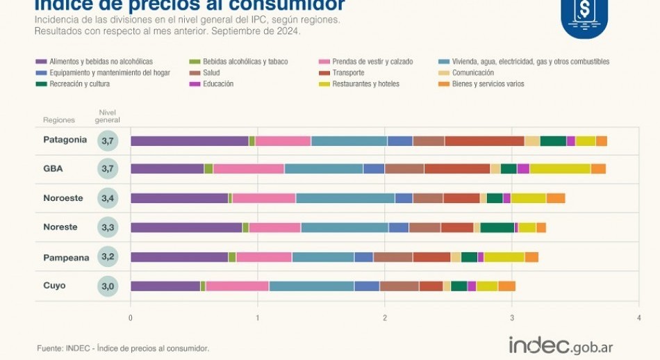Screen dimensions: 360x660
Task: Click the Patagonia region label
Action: pos(65,140)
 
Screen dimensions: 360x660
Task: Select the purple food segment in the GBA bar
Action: pos(167,169)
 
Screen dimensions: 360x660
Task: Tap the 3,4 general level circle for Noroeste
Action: pos(108,198)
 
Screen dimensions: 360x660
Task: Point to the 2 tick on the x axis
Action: pos(385,318)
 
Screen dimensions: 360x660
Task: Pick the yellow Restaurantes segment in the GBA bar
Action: pos(560,169)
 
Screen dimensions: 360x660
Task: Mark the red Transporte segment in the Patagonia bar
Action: pos(484,141)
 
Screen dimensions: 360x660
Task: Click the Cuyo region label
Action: pos(54,286)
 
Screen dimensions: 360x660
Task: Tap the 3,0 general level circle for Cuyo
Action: pos(108,286)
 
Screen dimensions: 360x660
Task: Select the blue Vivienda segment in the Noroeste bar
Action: pos(345,198)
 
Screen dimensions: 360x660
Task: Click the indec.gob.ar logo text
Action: pos(561,345)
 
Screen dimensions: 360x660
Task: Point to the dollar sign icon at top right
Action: pos(584,11)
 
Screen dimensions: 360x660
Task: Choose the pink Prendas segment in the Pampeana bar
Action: pos(264,257)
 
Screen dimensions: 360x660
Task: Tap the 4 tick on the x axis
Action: pos(638,318)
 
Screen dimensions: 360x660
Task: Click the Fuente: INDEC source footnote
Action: pos(123,348)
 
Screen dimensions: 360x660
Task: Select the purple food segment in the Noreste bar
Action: pos(186,227)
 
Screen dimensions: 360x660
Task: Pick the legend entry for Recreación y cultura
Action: pos(74,84)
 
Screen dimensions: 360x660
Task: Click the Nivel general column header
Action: pos(108,116)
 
